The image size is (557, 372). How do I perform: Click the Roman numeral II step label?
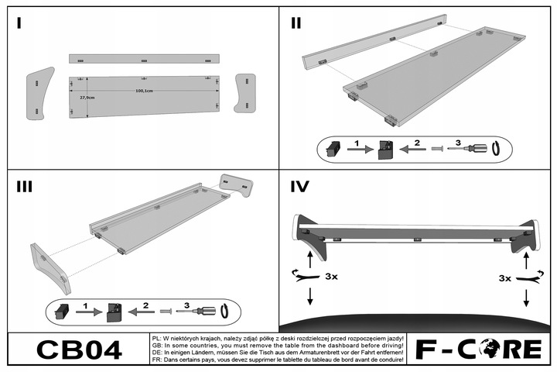pyautogui.click(x=296, y=22)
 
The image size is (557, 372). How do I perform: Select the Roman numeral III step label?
pyautogui.click(x=24, y=186)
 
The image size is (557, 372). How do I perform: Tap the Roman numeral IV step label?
pyautogui.click(x=299, y=187)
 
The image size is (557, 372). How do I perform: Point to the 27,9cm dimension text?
pyautogui.click(x=87, y=98)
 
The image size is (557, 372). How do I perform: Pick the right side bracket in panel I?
pyautogui.click(x=245, y=92)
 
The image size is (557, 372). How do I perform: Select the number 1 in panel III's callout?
pyautogui.click(x=87, y=306)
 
